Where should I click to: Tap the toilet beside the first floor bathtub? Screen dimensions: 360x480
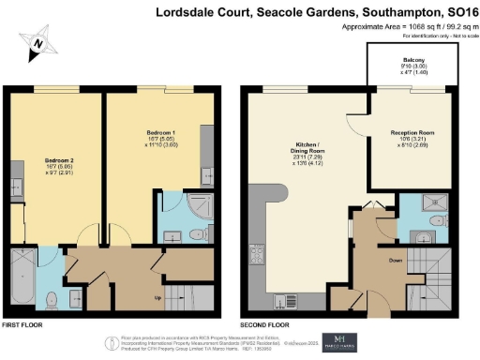pyautogui.click(x=53, y=299)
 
